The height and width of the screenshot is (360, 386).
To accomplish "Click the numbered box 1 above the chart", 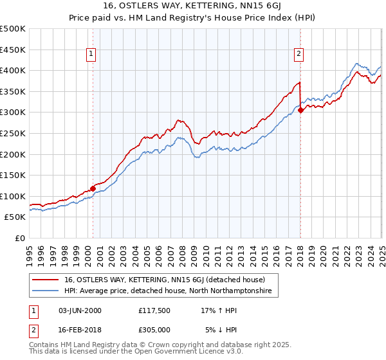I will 92,55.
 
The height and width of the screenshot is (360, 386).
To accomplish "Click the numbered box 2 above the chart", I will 300,55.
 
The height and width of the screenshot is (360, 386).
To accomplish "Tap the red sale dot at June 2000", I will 93,188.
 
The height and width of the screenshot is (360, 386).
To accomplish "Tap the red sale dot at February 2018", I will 300,110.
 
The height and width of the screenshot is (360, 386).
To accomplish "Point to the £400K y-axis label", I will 13,71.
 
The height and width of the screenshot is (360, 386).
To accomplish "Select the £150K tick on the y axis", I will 13,175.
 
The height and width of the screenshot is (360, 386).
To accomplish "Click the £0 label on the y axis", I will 19,238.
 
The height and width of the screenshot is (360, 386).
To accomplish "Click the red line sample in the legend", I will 46,280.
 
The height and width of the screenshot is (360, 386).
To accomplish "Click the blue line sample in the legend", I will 46,291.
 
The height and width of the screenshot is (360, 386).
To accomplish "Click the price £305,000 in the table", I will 154,329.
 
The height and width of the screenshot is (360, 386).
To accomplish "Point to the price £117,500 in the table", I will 154,310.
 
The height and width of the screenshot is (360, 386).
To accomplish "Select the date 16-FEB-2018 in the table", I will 79,329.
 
